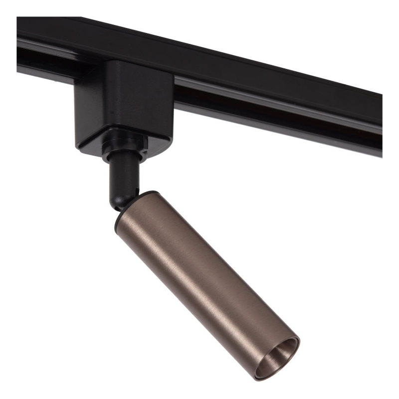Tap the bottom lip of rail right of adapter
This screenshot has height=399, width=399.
pos(274,120)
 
